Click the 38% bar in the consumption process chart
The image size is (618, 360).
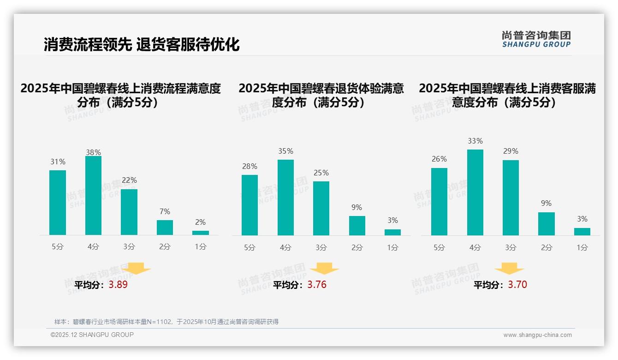coord(93,195)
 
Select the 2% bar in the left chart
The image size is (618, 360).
coord(200,233)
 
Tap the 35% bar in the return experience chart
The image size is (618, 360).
coord(285,197)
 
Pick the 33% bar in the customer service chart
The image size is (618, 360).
coord(475,192)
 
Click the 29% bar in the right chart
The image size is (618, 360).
coord(511,198)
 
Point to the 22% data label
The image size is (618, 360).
coord(129,180)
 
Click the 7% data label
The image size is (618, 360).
coord(165,212)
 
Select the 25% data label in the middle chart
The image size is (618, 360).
coord(321,173)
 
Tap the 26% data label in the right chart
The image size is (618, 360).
coord(439,159)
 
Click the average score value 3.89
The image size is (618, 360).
coord(118,285)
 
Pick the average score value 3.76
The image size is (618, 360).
coord(317,285)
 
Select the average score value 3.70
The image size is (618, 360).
coord(517,285)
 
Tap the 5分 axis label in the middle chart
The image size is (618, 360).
coord(250,248)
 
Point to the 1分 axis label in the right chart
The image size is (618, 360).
coord(582,248)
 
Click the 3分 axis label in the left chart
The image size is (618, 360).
coord(129,247)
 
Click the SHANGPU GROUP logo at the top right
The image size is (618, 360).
coord(536,39)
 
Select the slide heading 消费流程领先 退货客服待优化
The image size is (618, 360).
coord(142,45)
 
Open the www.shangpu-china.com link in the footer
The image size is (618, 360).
coord(537,335)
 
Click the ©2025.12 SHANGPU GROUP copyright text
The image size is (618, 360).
coord(92,335)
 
